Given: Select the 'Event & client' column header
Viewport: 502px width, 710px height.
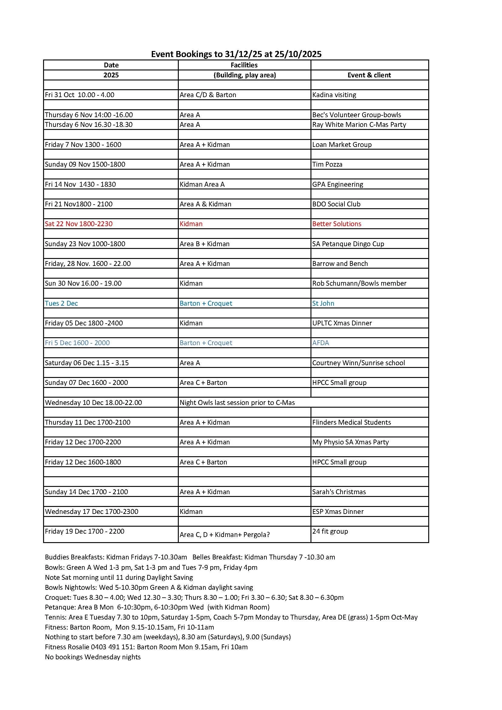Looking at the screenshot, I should tap(369, 75).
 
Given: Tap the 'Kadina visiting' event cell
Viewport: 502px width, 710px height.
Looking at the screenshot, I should tap(334, 95).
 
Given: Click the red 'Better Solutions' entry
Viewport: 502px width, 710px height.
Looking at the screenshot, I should tap(337, 224).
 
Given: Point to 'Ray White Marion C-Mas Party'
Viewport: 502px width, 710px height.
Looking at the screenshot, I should tap(359, 125).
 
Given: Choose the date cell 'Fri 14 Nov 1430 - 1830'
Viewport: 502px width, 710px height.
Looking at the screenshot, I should tap(80, 184).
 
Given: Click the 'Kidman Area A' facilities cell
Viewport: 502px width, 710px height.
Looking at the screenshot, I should tap(202, 184).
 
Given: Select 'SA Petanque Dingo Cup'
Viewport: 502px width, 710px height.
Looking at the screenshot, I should tap(348, 244).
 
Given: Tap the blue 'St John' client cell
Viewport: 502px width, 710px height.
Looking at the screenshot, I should tap(323, 303).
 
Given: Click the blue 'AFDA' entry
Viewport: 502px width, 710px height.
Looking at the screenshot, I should tap(321, 343).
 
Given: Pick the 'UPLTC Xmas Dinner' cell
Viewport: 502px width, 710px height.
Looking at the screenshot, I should tap(342, 323).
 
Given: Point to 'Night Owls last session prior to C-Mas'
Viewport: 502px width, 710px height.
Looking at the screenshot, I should tap(237, 403).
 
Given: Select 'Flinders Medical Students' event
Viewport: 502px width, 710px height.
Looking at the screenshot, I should tap(351, 423).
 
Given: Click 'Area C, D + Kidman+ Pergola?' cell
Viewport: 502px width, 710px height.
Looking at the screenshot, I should tap(225, 535).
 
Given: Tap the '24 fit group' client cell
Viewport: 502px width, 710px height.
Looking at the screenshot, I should tap(330, 531).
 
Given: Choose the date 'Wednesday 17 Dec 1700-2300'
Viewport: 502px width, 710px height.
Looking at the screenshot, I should tap(91, 511).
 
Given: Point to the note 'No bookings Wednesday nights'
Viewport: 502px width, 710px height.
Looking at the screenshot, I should tap(93, 657).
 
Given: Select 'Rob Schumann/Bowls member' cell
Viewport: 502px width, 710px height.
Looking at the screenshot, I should tap(359, 283).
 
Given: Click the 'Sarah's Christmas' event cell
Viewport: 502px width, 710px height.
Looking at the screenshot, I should tap(339, 492).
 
